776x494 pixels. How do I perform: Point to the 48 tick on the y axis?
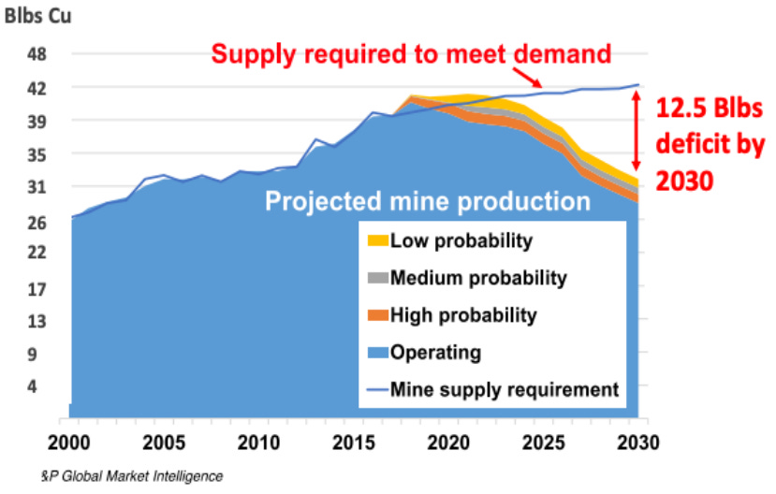click(37, 54)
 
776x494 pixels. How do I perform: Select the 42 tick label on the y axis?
click(37, 88)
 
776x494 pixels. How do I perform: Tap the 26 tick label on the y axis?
click(37, 223)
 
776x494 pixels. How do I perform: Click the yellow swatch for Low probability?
click(376, 241)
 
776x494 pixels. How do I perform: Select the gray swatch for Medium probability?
click(376, 278)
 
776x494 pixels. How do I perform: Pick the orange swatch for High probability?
click(376, 315)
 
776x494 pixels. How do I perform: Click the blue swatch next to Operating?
click(376, 353)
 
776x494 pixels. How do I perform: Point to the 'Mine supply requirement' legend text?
click(505, 389)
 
